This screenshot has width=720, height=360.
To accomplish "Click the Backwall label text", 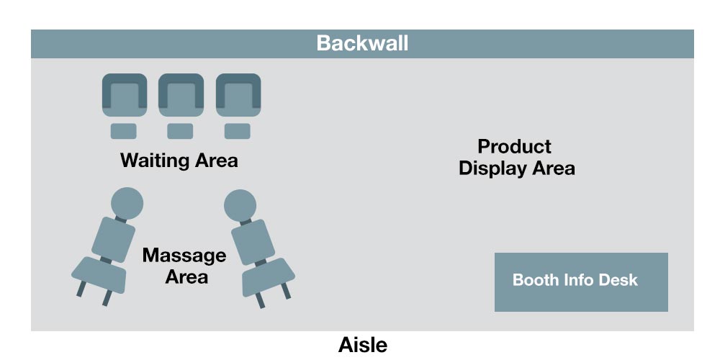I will click(x=362, y=43).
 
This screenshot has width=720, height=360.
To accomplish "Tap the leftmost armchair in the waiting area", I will click(x=124, y=95).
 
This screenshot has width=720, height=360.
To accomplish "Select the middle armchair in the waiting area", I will click(x=181, y=95).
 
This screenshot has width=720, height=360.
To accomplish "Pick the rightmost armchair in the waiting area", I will click(x=238, y=95).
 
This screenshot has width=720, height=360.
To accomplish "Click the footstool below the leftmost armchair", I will click(x=123, y=131).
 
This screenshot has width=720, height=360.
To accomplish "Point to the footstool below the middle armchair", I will click(x=180, y=131).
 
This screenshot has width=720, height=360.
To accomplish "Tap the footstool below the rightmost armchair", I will click(x=238, y=131).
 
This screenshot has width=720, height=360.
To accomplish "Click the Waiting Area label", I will click(x=179, y=160).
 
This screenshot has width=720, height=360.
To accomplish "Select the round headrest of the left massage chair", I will click(x=127, y=201).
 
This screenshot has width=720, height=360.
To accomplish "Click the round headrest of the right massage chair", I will click(x=240, y=204).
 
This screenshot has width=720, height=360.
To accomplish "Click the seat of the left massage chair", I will click(x=99, y=274).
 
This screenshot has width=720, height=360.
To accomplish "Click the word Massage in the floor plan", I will click(x=184, y=256).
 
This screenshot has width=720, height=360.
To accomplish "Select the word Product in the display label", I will click(x=514, y=147).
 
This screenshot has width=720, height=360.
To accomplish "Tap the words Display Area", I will click(x=517, y=168).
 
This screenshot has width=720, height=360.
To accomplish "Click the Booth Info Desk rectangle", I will click(x=581, y=282).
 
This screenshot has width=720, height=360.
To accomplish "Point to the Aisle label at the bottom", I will click(x=362, y=345).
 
